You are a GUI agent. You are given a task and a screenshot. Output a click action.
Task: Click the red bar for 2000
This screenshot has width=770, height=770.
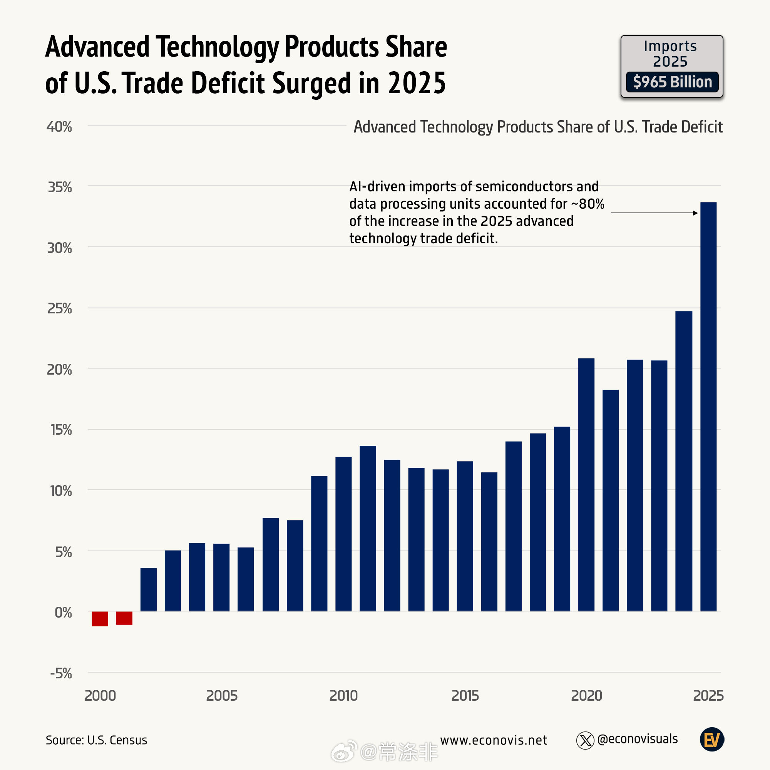tap(100, 619)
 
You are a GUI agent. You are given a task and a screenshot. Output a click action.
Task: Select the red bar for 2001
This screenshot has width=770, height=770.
tap(124, 618)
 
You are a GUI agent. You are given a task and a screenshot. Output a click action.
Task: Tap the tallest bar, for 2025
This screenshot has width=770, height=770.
tap(708, 407)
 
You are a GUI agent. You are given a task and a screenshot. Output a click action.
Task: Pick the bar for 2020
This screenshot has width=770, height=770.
tap(586, 485)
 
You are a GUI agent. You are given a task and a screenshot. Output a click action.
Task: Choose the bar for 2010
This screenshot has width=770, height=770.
tap(343, 534)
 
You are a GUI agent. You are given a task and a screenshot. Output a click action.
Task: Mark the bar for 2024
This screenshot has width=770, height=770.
tap(683, 461)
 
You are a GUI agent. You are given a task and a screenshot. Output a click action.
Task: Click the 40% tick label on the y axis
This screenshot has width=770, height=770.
tap(59, 127)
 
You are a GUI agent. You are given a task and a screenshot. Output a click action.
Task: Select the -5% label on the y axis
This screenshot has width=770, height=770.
tap(61, 673)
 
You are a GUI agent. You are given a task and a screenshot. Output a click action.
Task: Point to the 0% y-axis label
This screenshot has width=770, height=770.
tap(63, 612)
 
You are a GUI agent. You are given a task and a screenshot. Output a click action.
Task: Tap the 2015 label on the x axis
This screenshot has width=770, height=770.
tap(465, 696)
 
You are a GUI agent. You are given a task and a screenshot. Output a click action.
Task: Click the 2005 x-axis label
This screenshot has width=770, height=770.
tap(222, 696)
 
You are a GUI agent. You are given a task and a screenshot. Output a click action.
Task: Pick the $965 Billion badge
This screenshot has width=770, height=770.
tap(672, 82)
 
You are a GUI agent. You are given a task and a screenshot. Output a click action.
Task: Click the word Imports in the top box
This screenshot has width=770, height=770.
tap(670, 46)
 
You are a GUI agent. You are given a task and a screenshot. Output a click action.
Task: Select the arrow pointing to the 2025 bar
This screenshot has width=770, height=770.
tap(654, 213)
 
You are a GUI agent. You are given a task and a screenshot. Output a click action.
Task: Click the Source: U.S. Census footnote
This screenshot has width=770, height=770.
tap(97, 740)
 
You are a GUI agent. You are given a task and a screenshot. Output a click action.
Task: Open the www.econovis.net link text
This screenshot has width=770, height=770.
tap(494, 740)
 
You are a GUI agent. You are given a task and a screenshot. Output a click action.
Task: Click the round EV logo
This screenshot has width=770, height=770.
tap(712, 740)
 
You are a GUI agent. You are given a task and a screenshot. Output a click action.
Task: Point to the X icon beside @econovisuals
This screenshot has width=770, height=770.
tap(585, 740)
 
